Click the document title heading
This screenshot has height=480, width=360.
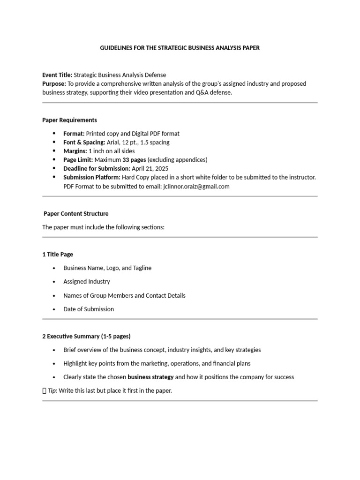pyautogui.click(x=180, y=48)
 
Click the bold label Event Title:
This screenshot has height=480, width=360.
pyautogui.click(x=57, y=75)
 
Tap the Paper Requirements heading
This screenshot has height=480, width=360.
pyautogui.click(x=69, y=120)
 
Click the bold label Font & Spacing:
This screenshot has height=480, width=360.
pyautogui.click(x=84, y=142)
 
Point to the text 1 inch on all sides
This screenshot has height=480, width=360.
pyautogui.click(x=112, y=151)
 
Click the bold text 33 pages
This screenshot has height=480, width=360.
pyautogui.click(x=134, y=160)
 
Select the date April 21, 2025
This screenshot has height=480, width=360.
pyautogui.click(x=150, y=168)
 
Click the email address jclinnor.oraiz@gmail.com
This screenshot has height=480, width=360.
pyautogui.click(x=196, y=186)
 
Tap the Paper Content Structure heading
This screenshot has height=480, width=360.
pyautogui.click(x=76, y=214)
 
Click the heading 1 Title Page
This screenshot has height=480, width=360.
pyautogui.click(x=58, y=255)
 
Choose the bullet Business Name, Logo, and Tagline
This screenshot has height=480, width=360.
pyautogui.click(x=107, y=268)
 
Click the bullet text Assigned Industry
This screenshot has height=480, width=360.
pyautogui.click(x=87, y=282)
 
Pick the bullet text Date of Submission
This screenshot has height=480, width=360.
pyautogui.click(x=89, y=309)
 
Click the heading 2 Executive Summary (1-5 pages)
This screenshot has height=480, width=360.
pyautogui.click(x=86, y=336)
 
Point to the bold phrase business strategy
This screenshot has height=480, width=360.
pyautogui.click(x=150, y=377)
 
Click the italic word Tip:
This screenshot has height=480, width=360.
pyautogui.click(x=52, y=390)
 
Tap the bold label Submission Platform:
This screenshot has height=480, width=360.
pyautogui.click(x=92, y=177)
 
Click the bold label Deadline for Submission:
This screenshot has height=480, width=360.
pyautogui.click(x=97, y=168)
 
